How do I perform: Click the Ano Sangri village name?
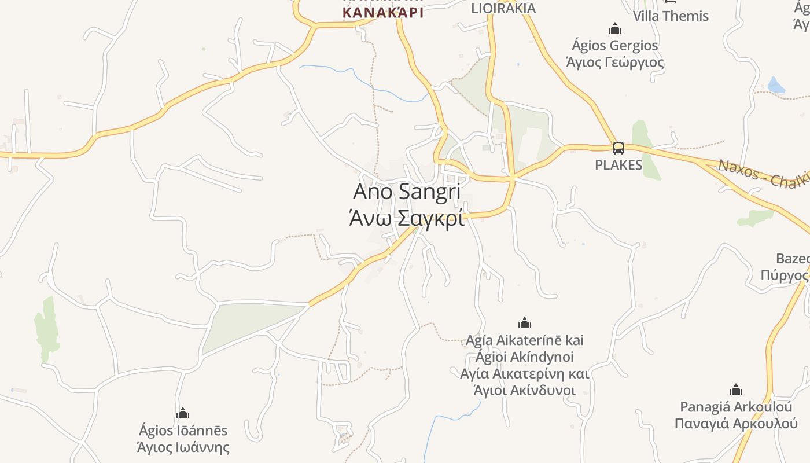point(406,192)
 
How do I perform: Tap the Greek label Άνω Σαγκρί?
point(406,219)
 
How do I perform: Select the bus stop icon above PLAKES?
point(618,148)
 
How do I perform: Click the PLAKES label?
point(618,165)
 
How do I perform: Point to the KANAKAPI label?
point(382,12)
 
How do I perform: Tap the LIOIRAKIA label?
point(503,8)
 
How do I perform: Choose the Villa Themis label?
point(671,16)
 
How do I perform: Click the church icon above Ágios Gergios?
point(614,28)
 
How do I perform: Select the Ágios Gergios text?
point(614,45)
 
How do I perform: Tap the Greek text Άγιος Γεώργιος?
point(614,61)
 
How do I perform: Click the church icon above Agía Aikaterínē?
point(525,323)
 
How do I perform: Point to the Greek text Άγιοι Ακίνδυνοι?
point(525,390)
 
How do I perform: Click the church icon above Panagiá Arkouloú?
point(736,389)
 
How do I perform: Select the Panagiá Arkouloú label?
point(736,407)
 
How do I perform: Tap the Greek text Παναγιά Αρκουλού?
point(736,423)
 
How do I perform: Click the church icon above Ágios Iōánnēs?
point(183,413)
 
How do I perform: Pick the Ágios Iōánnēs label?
point(183,431)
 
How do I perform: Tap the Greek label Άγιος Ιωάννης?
point(183,447)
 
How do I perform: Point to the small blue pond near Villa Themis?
point(776,86)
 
